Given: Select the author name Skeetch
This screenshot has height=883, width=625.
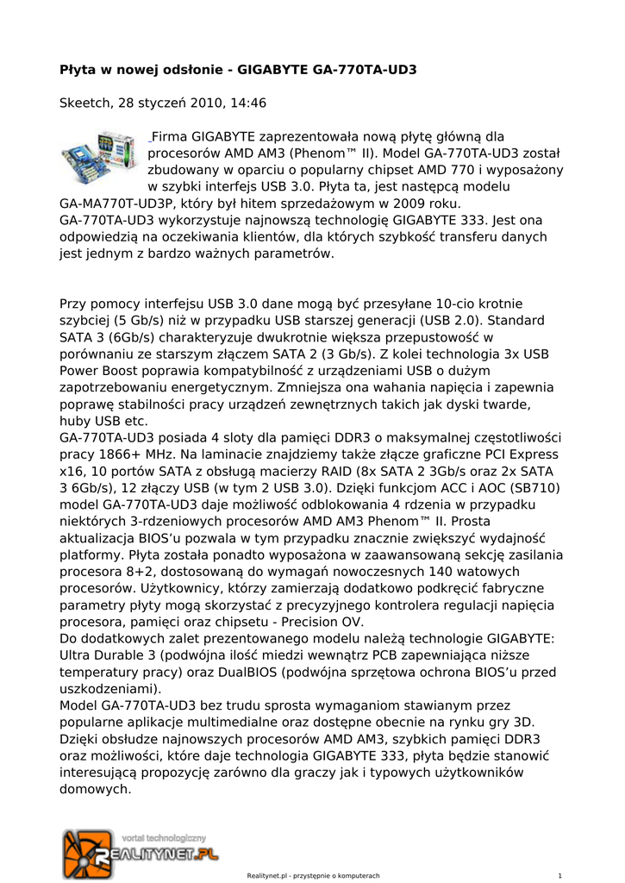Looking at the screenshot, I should (x=84, y=103).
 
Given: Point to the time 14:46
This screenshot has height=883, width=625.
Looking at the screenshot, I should (x=248, y=103).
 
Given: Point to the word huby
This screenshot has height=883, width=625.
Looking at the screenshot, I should (x=75, y=421).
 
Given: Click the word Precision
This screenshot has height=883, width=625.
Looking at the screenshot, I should (x=298, y=622).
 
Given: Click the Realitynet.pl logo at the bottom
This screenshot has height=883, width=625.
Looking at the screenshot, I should (x=141, y=853).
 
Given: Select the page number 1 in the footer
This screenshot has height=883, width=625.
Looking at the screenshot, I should (x=560, y=875).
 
